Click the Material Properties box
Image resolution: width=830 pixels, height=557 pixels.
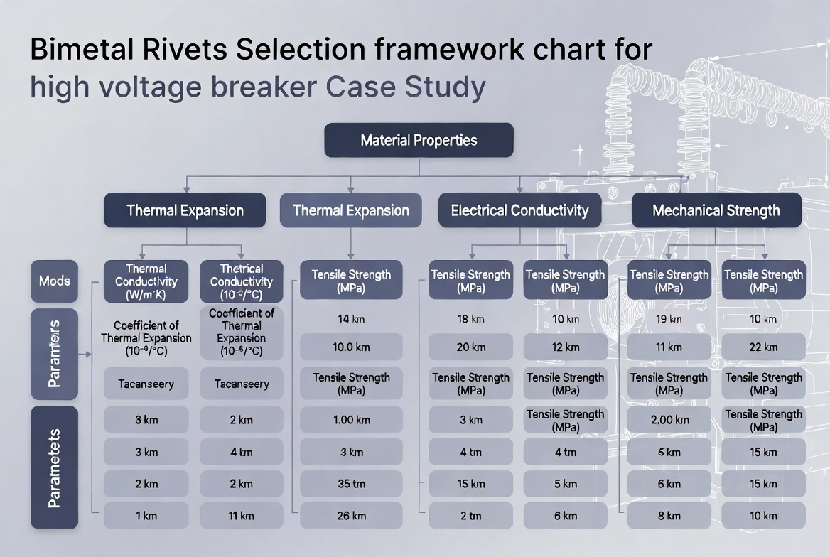(x=419, y=140)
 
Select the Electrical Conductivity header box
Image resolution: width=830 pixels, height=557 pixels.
(x=519, y=210)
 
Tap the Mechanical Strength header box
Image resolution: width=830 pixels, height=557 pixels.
(x=716, y=210)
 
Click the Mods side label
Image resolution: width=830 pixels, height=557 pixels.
(x=55, y=281)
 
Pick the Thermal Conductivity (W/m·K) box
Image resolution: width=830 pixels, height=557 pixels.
(x=146, y=281)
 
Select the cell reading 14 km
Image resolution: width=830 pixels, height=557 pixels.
(x=351, y=319)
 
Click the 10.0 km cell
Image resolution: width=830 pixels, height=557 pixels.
(x=351, y=347)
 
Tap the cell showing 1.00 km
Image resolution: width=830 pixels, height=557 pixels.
(x=351, y=420)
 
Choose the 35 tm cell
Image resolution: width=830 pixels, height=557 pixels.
(x=351, y=484)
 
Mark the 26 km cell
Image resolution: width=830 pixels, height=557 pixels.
(x=351, y=516)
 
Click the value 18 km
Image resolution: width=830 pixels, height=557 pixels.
(x=470, y=319)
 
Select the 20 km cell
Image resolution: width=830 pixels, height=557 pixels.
(x=470, y=347)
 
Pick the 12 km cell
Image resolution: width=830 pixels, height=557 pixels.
(x=566, y=347)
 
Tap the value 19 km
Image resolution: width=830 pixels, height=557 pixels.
(x=669, y=319)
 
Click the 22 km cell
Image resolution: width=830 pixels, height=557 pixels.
(x=763, y=347)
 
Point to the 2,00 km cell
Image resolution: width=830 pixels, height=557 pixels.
(x=669, y=420)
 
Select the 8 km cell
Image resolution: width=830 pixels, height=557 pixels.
(x=669, y=516)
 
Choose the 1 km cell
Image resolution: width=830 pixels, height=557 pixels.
(x=146, y=516)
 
